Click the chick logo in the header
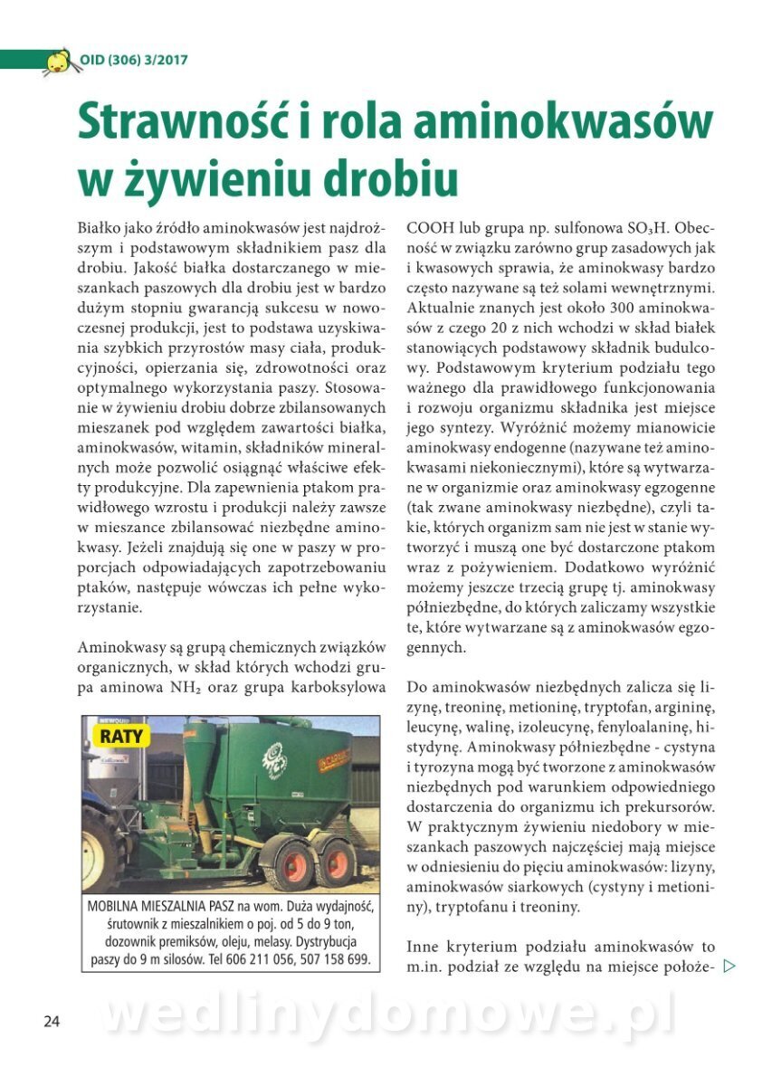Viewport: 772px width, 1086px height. point(58,61)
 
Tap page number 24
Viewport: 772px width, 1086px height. point(52,1022)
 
